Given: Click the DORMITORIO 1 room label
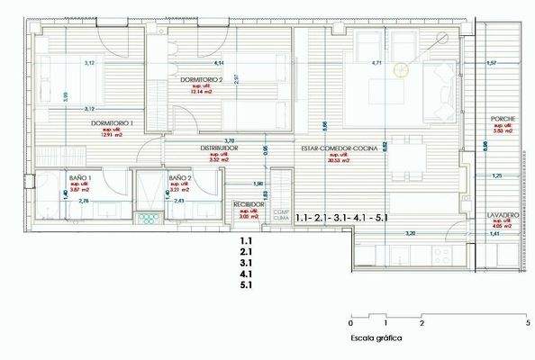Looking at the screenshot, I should pyautogui.click(x=111, y=122).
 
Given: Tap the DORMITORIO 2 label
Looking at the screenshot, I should pyautogui.click(x=201, y=80).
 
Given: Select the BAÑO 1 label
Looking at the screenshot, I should pyautogui.click(x=82, y=179).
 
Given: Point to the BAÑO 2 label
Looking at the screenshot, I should pyautogui.click(x=179, y=179).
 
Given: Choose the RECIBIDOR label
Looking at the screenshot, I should pyautogui.click(x=249, y=204).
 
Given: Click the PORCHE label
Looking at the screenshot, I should pyautogui.click(x=503, y=121).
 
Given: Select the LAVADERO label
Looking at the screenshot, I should pyautogui.click(x=503, y=216).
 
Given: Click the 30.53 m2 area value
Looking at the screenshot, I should pyautogui.click(x=339, y=160).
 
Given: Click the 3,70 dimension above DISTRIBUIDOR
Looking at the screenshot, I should pyautogui.click(x=229, y=140).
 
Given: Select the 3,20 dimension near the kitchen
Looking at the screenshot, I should pyautogui.click(x=410, y=234).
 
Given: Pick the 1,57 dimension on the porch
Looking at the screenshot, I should pyautogui.click(x=491, y=64).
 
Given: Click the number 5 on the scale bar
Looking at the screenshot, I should pyautogui.click(x=526, y=322).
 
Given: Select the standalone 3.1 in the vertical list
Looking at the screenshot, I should pyautogui.click(x=246, y=263).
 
